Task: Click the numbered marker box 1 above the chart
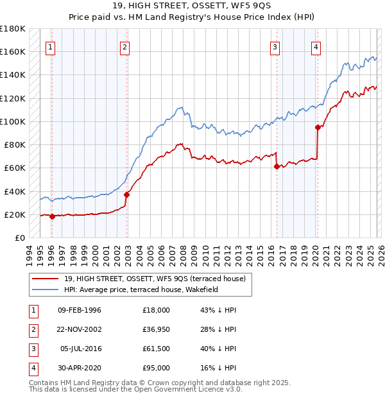50,46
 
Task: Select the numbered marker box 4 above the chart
316,46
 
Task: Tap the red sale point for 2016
277,166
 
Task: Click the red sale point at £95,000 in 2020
318,127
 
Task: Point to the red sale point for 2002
127,195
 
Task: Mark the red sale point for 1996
52,217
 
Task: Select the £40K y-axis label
15,191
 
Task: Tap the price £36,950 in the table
156,329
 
